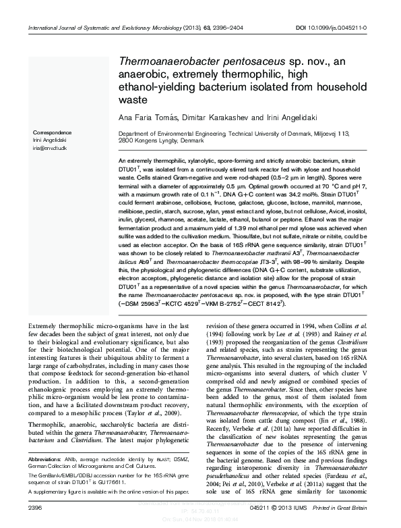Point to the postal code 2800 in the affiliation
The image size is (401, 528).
click(x=126, y=141)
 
